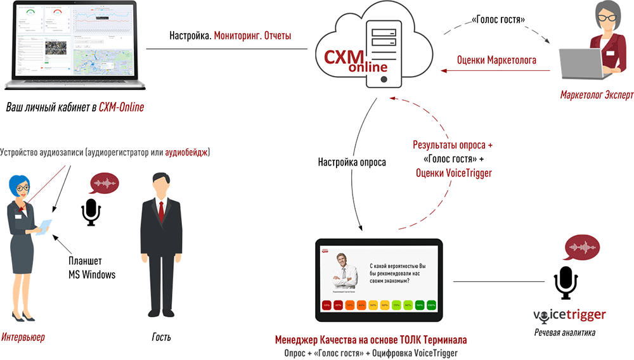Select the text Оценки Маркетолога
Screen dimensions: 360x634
click(496, 61)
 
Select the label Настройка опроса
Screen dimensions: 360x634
click(352, 162)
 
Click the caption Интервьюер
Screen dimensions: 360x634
click(23, 337)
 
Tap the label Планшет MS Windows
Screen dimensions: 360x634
click(92, 268)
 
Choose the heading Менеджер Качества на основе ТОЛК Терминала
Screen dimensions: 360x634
click(371, 339)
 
